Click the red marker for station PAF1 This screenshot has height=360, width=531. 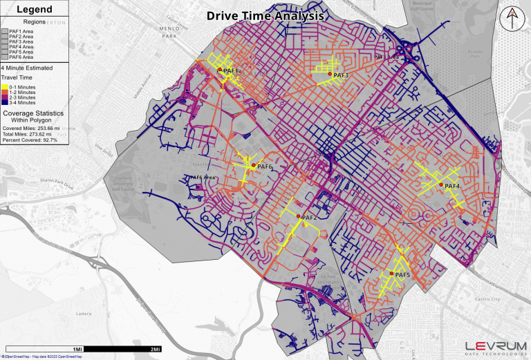coord(221,70)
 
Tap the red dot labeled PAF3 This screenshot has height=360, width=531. coord(330,74)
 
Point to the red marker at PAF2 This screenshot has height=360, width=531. coord(298,217)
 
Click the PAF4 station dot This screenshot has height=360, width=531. coord(441,185)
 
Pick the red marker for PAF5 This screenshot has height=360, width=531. coord(392,274)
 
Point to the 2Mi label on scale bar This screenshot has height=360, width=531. coord(156,349)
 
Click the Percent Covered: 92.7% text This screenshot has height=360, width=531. coord(30,140)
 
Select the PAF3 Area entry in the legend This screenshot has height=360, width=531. coord(21,41)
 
